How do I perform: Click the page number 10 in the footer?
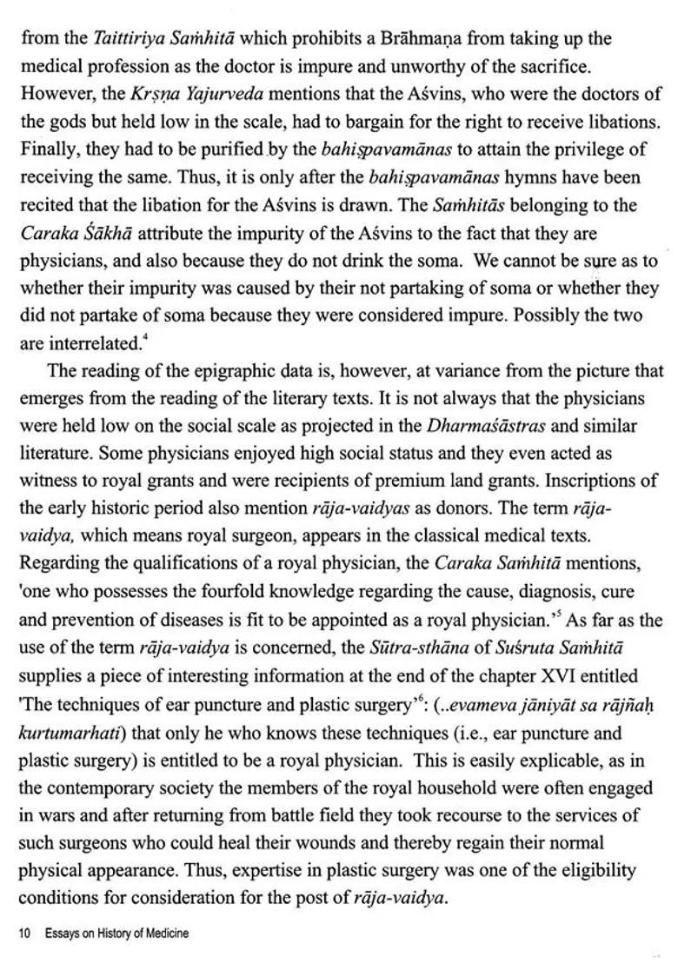point(24,934)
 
